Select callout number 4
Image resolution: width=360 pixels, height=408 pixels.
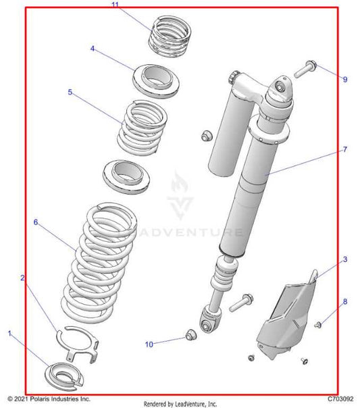pyautogui.click(x=93, y=49)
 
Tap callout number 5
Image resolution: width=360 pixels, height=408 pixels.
pyautogui.click(x=70, y=92)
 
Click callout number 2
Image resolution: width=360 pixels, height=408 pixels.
pyautogui.click(x=23, y=278)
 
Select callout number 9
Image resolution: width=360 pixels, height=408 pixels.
pyautogui.click(x=344, y=80)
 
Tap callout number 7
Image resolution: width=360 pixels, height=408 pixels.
pyautogui.click(x=344, y=150)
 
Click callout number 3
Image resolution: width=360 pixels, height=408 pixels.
pyautogui.click(x=344, y=259)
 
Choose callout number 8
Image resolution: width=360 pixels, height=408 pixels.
pyautogui.click(x=344, y=301)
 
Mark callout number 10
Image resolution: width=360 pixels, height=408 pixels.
pyautogui.click(x=149, y=344)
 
